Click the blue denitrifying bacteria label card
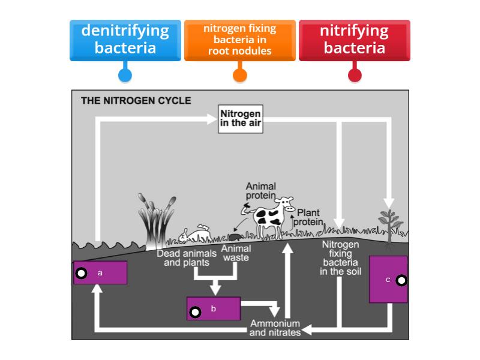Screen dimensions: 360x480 [125, 40]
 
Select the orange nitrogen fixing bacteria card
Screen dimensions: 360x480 [239, 40]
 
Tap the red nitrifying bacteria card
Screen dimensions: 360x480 [354, 40]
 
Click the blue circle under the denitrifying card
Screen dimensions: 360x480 [125, 75]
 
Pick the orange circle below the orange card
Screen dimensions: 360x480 [239, 75]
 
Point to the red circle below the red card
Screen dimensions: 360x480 [355, 75]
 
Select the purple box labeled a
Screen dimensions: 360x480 [100, 273]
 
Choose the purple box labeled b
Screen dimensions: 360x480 [214, 309]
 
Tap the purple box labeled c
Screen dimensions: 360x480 [388, 279]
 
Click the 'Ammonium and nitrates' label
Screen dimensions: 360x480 [275, 328]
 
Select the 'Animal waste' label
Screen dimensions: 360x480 [236, 253]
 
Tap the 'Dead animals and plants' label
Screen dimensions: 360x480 [187, 258]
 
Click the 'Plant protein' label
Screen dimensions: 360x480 [309, 217]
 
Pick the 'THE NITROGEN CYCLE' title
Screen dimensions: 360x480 [136, 101]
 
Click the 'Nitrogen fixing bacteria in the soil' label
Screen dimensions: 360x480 [340, 257]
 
